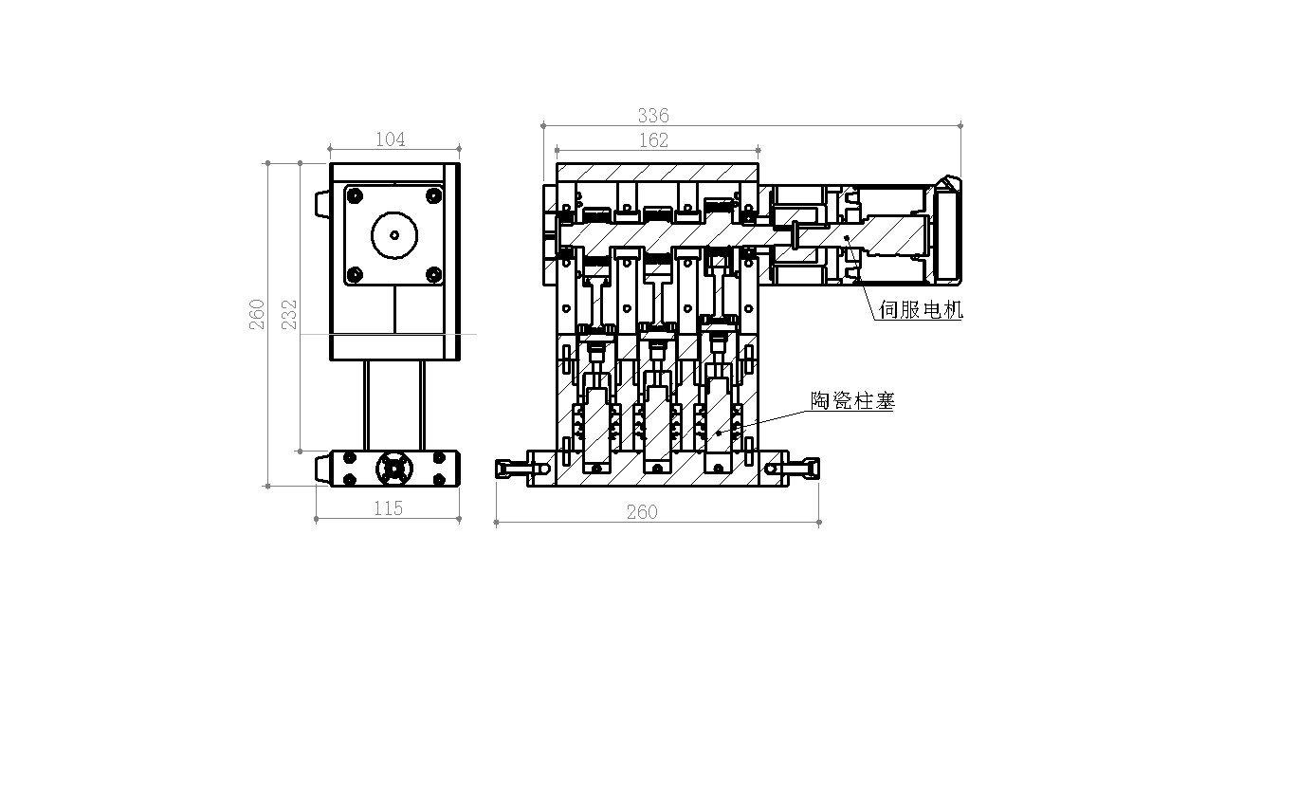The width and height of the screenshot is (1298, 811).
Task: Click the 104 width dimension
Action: [x=390, y=139]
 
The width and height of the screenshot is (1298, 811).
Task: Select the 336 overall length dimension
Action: [x=653, y=116]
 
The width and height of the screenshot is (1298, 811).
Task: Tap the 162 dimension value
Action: [x=653, y=140]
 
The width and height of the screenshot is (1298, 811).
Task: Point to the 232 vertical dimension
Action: [x=289, y=315]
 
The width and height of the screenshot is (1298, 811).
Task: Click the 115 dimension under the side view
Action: [x=388, y=508]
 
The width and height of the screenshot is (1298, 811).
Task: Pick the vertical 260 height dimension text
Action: [x=257, y=315]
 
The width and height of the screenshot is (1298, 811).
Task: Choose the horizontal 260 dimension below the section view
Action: [x=642, y=512]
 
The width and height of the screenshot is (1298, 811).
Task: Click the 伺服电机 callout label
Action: [x=921, y=309]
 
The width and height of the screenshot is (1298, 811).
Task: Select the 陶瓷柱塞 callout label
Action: [x=852, y=400]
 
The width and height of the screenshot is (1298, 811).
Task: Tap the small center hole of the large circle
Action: [x=394, y=235]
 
